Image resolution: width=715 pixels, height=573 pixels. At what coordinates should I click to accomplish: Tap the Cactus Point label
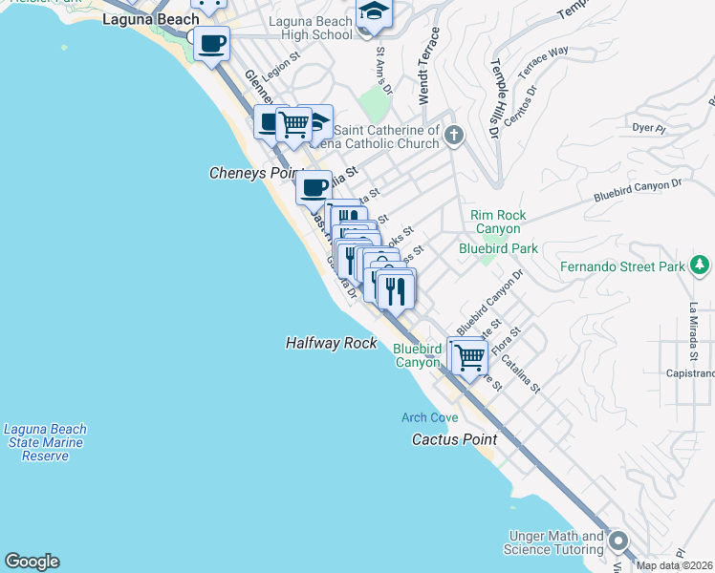pos(454,439)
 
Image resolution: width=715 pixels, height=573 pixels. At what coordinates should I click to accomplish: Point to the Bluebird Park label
pos(498,248)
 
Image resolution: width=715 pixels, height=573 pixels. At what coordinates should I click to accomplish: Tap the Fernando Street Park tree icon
pos(701,265)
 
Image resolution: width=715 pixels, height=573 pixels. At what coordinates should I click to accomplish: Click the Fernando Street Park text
pos(622,266)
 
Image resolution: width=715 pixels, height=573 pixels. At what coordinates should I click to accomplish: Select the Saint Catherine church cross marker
pos(454,136)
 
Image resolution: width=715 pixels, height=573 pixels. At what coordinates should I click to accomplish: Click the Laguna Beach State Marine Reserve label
pos(45,443)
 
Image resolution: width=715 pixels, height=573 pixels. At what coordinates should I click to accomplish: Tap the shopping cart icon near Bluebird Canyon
pos(468,357)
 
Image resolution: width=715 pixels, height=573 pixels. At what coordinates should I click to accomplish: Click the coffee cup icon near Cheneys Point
pos(314,186)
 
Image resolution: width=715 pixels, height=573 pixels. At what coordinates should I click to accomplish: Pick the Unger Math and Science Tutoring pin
pos(617,541)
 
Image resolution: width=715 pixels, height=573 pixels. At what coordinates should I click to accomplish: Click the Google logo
pos(32,562)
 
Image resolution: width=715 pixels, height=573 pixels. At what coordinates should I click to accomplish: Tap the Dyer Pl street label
pos(648,126)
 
